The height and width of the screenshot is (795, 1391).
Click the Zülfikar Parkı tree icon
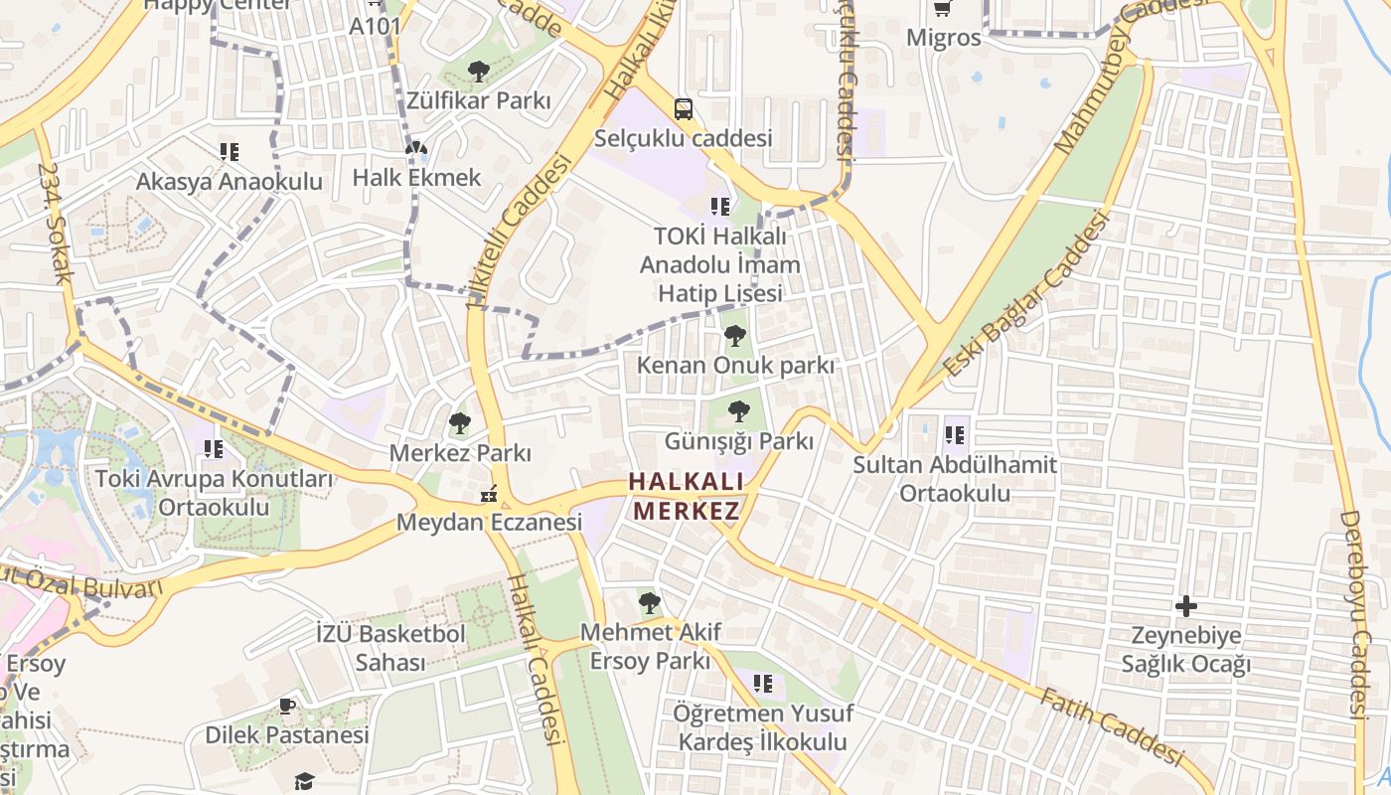pyautogui.click(x=478, y=72)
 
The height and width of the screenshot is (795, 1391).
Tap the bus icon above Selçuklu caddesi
pyautogui.click(x=684, y=108)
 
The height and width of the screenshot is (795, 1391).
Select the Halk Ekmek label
pyautogui.click(x=417, y=178)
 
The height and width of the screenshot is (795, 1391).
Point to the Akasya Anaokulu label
pyautogui.click(x=230, y=182)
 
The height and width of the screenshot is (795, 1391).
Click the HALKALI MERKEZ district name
pyautogui.click(x=687, y=497)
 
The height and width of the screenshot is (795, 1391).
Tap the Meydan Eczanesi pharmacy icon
pyautogui.click(x=488, y=493)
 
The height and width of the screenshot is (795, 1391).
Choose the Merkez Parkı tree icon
pyautogui.click(x=459, y=424)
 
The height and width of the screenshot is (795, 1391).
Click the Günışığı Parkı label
pyautogui.click(x=737, y=441)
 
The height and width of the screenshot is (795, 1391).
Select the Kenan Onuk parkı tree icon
pyautogui.click(x=735, y=336)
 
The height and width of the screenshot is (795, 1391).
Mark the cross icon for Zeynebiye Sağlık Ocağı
pyautogui.click(x=1186, y=605)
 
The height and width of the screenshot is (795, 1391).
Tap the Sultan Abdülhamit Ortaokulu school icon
pyautogui.click(x=955, y=434)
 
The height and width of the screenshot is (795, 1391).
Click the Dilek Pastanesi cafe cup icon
pyautogui.click(x=287, y=707)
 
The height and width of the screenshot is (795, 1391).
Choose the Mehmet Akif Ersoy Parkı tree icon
pyautogui.click(x=649, y=602)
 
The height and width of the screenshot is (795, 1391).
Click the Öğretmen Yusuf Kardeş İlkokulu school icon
pyautogui.click(x=763, y=684)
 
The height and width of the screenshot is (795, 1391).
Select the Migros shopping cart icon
pyautogui.click(x=942, y=9)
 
